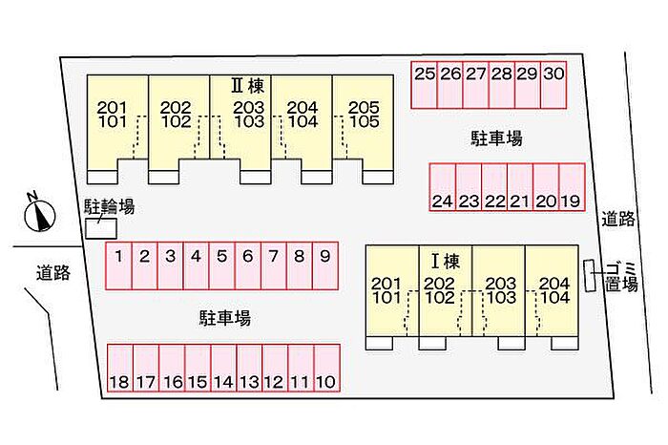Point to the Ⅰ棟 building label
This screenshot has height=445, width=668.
(x=446, y=260)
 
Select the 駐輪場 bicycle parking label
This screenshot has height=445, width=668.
(x=109, y=206)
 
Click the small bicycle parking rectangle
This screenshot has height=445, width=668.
(x=101, y=229)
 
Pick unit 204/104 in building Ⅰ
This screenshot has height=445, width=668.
(x=553, y=290)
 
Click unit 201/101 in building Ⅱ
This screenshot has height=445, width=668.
(x=116, y=115)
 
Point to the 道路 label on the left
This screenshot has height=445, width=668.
(x=54, y=274)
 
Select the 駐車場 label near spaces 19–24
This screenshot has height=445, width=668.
(x=497, y=139)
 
